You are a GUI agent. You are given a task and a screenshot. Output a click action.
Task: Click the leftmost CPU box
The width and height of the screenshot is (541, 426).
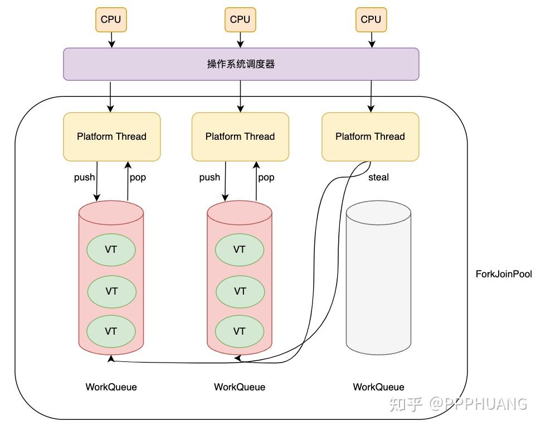(111, 19)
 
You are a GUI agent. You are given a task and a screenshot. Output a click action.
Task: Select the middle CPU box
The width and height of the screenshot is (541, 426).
(240, 19)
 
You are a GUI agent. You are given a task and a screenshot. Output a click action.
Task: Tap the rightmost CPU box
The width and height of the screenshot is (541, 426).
(371, 19)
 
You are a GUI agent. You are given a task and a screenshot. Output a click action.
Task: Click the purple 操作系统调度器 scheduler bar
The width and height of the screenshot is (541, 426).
(241, 64)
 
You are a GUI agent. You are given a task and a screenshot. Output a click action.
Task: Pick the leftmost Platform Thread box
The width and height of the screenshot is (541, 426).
(112, 136)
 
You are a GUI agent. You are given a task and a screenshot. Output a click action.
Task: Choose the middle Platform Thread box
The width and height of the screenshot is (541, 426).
(240, 136)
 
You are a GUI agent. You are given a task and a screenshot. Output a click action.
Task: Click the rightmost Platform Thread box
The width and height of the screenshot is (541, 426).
(370, 136)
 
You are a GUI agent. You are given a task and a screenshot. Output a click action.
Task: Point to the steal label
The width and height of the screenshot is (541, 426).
(378, 177)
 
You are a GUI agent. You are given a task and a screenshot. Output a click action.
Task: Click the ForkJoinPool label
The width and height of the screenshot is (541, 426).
(504, 274)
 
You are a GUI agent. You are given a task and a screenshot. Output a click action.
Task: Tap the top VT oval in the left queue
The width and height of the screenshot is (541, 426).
(111, 249)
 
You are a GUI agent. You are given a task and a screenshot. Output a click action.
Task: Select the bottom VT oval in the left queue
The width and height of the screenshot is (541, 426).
(111, 331)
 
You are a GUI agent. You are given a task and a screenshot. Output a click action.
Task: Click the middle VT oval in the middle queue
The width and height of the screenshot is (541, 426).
(240, 291)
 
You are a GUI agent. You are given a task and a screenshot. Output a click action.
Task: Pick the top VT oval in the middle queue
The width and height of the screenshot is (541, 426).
(240, 249)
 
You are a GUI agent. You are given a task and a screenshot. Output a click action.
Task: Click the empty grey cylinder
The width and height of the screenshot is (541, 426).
(378, 278)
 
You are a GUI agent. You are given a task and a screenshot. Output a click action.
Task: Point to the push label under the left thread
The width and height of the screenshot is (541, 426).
(84, 178)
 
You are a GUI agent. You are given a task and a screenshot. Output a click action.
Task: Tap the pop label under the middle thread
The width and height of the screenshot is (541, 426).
(266, 178)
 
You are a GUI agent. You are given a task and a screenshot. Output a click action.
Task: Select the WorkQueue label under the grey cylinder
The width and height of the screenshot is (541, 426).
(378, 387)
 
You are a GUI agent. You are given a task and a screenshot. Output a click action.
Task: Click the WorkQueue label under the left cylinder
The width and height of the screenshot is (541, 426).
(111, 387)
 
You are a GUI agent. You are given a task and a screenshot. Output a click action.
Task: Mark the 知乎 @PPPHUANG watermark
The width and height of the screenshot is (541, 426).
(458, 404)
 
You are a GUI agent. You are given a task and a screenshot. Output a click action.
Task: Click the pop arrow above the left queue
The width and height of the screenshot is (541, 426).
(128, 181)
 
